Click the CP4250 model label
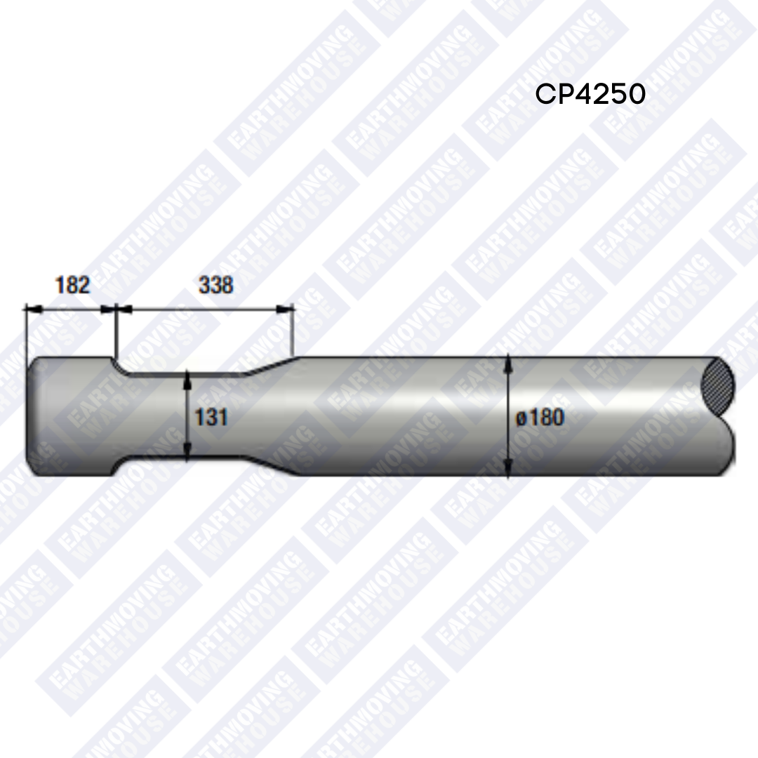(590, 94)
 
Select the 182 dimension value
(72, 285)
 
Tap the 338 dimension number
(216, 285)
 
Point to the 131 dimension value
(211, 417)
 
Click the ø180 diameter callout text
(540, 418)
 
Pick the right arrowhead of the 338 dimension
(287, 307)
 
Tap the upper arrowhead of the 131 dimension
(187, 380)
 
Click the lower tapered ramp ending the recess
(274, 468)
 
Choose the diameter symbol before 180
(521, 418)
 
